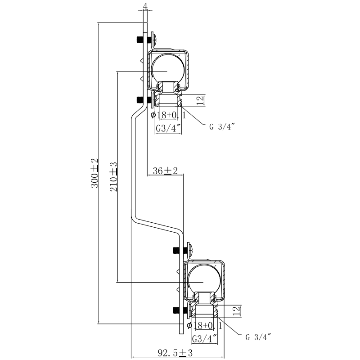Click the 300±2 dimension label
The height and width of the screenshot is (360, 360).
94,173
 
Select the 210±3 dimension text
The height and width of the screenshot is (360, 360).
113,177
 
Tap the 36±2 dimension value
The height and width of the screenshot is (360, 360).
166,171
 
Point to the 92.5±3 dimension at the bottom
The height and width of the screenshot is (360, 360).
175,353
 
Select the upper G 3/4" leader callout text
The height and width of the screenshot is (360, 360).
223,126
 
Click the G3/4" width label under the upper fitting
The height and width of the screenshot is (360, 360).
168,129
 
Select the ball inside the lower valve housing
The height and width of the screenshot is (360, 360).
203,279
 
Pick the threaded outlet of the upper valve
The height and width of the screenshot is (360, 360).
168,100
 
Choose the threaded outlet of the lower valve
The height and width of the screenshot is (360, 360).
204,311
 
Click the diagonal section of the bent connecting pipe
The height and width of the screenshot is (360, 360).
157,225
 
